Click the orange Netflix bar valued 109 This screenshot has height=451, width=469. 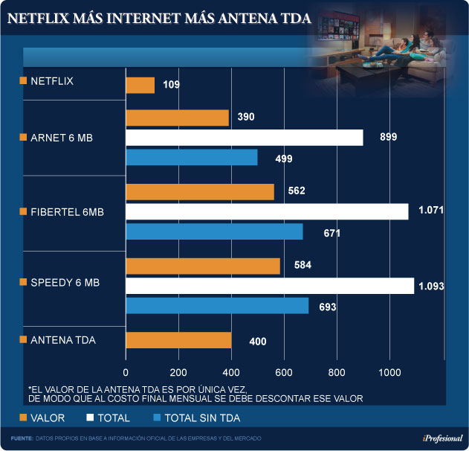coord(140,86)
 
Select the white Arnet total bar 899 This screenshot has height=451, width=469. coord(245,138)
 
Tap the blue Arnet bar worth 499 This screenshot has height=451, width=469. coord(192,158)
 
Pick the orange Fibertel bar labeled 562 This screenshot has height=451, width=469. coord(200,192)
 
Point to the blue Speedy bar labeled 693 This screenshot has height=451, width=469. coord(217,306)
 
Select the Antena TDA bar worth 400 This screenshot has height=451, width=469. coord(178,340)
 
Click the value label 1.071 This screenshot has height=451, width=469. coord(430,211)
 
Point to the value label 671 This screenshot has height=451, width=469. coord(331,233)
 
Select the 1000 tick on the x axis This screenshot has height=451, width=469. coord(389,372)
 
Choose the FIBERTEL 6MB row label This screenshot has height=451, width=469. coord(67,212)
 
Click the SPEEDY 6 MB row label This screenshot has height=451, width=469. coord(65,284)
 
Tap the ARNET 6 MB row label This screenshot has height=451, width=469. coord(61,138)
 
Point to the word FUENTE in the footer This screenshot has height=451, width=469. coord(22,438)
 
